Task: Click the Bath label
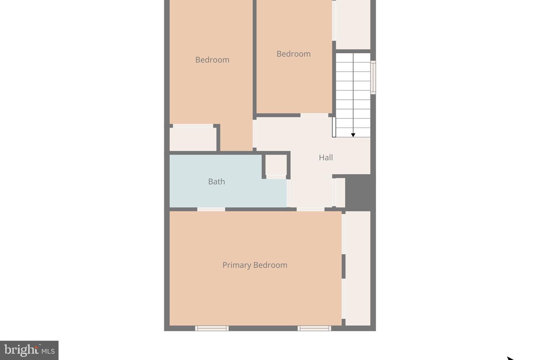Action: [x=216, y=181]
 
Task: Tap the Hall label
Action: [x=325, y=157]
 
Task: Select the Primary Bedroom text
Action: [x=255, y=265]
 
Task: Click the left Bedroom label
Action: [x=212, y=60]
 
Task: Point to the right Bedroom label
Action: [x=293, y=54]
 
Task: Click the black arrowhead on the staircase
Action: [x=353, y=135]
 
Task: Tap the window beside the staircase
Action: [x=373, y=77]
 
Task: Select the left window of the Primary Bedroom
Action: [x=212, y=328]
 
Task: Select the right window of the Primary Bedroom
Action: [x=314, y=328]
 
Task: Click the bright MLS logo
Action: [x=29, y=350]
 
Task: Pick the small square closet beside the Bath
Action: [x=276, y=165]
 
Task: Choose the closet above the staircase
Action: [x=352, y=24]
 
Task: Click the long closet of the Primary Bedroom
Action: [x=357, y=268]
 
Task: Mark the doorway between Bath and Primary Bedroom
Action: [x=211, y=209]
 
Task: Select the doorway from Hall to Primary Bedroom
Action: [x=310, y=209]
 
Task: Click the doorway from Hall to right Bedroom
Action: [x=315, y=115]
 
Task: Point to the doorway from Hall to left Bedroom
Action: [x=255, y=133]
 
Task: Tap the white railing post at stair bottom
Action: [x=334, y=127]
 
